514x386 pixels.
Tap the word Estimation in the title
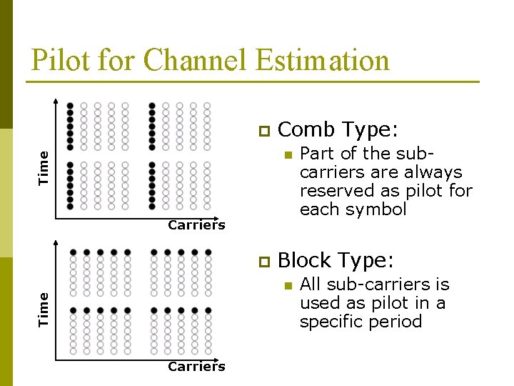[x=322, y=61]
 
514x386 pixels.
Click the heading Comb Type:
[x=338, y=130]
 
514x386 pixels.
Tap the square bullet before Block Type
[x=263, y=261]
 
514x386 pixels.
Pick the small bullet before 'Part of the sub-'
[x=287, y=154]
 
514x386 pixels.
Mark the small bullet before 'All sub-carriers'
[x=287, y=285]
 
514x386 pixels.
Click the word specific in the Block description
[x=331, y=322]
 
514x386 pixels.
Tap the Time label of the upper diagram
[x=44, y=168]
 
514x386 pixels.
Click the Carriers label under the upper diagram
[x=196, y=225]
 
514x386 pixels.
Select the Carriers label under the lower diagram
[x=196, y=367]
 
